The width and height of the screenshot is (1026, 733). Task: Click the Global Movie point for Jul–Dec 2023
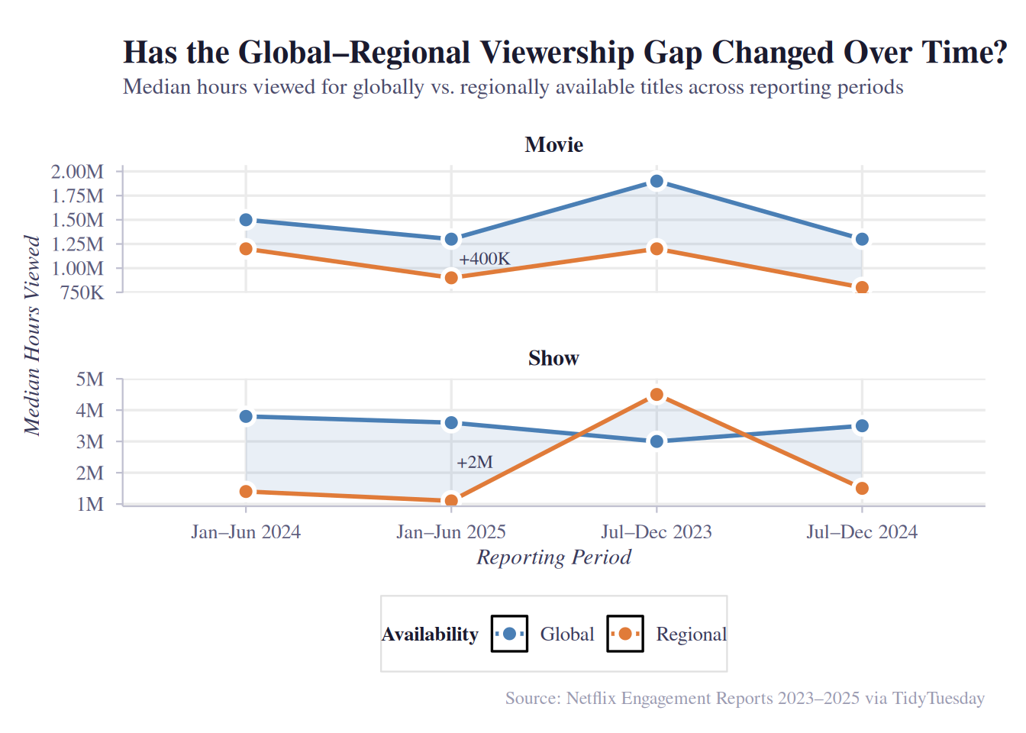coord(657,182)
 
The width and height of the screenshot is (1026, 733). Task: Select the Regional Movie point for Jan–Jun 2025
coord(451,278)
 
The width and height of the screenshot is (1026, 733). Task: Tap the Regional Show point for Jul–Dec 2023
coord(657,395)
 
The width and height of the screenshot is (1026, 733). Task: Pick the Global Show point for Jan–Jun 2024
coord(246,417)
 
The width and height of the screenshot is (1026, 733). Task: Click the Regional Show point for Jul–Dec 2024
coord(862,489)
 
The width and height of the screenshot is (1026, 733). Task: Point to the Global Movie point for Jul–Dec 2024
coord(862,240)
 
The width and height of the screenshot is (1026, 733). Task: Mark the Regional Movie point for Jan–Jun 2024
coord(246,249)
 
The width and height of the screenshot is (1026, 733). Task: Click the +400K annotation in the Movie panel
coord(484,259)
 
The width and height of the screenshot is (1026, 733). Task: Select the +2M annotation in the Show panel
coord(474,462)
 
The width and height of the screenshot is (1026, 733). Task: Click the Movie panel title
coord(553,145)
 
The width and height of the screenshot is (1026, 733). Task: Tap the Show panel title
coord(553,358)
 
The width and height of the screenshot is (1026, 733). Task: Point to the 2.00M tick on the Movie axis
coord(77,172)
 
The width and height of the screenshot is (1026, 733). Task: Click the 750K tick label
coord(82,293)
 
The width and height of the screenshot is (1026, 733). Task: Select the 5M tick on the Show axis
coord(90,379)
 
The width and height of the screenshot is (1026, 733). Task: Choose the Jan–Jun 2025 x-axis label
coord(451,532)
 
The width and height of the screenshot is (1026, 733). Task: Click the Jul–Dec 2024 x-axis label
coord(862,532)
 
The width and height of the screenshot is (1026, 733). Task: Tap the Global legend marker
coord(509,634)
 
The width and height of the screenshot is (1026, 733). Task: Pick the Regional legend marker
coord(625,634)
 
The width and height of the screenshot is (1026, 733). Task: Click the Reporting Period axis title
coord(553,557)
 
